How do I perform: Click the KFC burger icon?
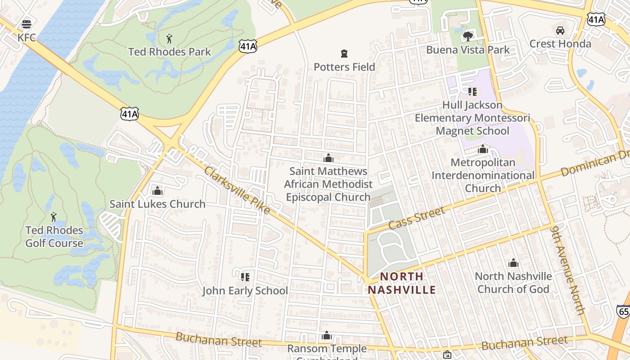coord(27,24)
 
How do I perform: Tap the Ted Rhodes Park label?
coord(170,52)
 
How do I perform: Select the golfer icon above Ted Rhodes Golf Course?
coord(54,217)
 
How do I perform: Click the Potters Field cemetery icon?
coord(344,54)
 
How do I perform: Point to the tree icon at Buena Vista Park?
coord(468,36)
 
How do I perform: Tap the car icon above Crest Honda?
coord(560,31)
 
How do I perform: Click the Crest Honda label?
coord(560,44)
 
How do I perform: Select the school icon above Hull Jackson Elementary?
coord(472,92)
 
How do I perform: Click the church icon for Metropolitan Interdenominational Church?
coord(483,149)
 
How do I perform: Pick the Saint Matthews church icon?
coord(328,158)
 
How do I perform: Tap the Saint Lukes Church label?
coord(157,204)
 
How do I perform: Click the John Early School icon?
coord(245,277)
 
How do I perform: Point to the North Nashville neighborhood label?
coord(402,283)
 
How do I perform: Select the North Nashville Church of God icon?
coord(513,263)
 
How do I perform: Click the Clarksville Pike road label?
coord(237,190)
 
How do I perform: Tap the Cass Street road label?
coord(417,217)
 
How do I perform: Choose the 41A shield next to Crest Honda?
coord(596,18)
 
